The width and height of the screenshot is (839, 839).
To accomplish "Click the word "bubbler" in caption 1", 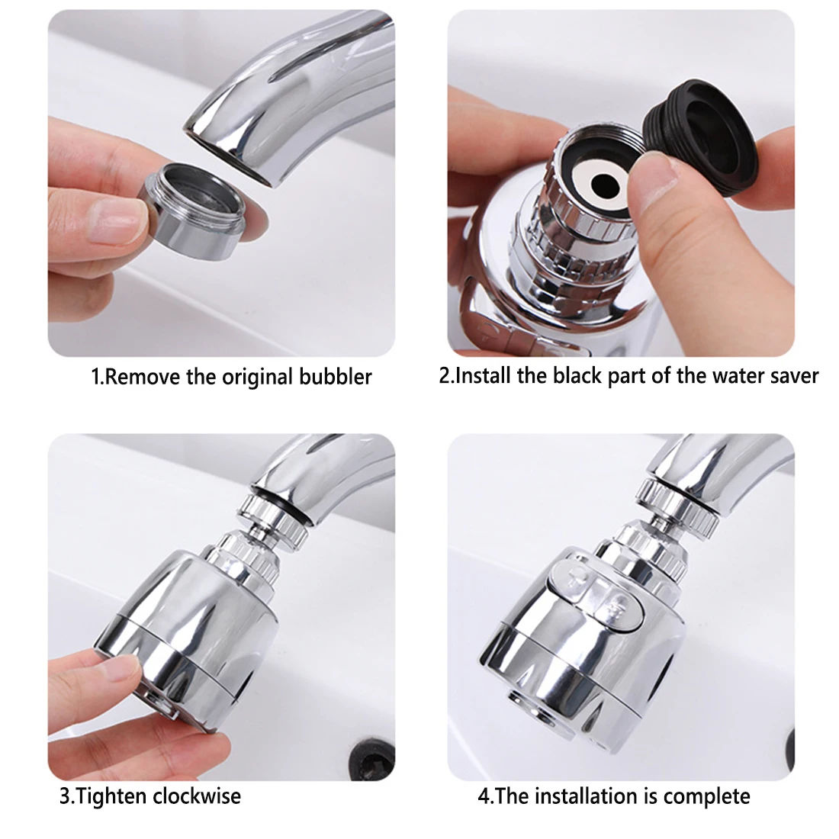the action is tap(336, 376).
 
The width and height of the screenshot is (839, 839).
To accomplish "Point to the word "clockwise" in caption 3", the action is tap(196, 796).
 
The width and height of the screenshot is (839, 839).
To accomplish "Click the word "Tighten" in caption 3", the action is tap(111, 797).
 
